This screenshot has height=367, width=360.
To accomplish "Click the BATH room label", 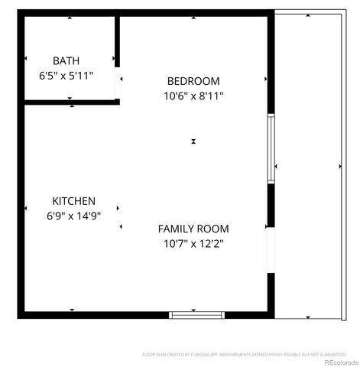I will [66, 60].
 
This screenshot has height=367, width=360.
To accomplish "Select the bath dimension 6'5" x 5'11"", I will [66, 76].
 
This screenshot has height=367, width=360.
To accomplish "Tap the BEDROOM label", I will [193, 81].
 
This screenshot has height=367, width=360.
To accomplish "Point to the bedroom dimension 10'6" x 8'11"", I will [193, 96].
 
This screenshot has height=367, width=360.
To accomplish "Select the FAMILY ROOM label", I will [193, 229].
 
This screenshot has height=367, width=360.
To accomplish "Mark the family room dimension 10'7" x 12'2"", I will [193, 244].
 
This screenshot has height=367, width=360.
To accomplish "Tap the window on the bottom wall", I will [196, 313].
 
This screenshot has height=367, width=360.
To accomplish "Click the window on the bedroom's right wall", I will [271, 148].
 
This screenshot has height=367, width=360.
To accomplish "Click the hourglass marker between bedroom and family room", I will [194, 141].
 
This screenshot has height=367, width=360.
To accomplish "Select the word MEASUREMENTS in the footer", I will [240, 355].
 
